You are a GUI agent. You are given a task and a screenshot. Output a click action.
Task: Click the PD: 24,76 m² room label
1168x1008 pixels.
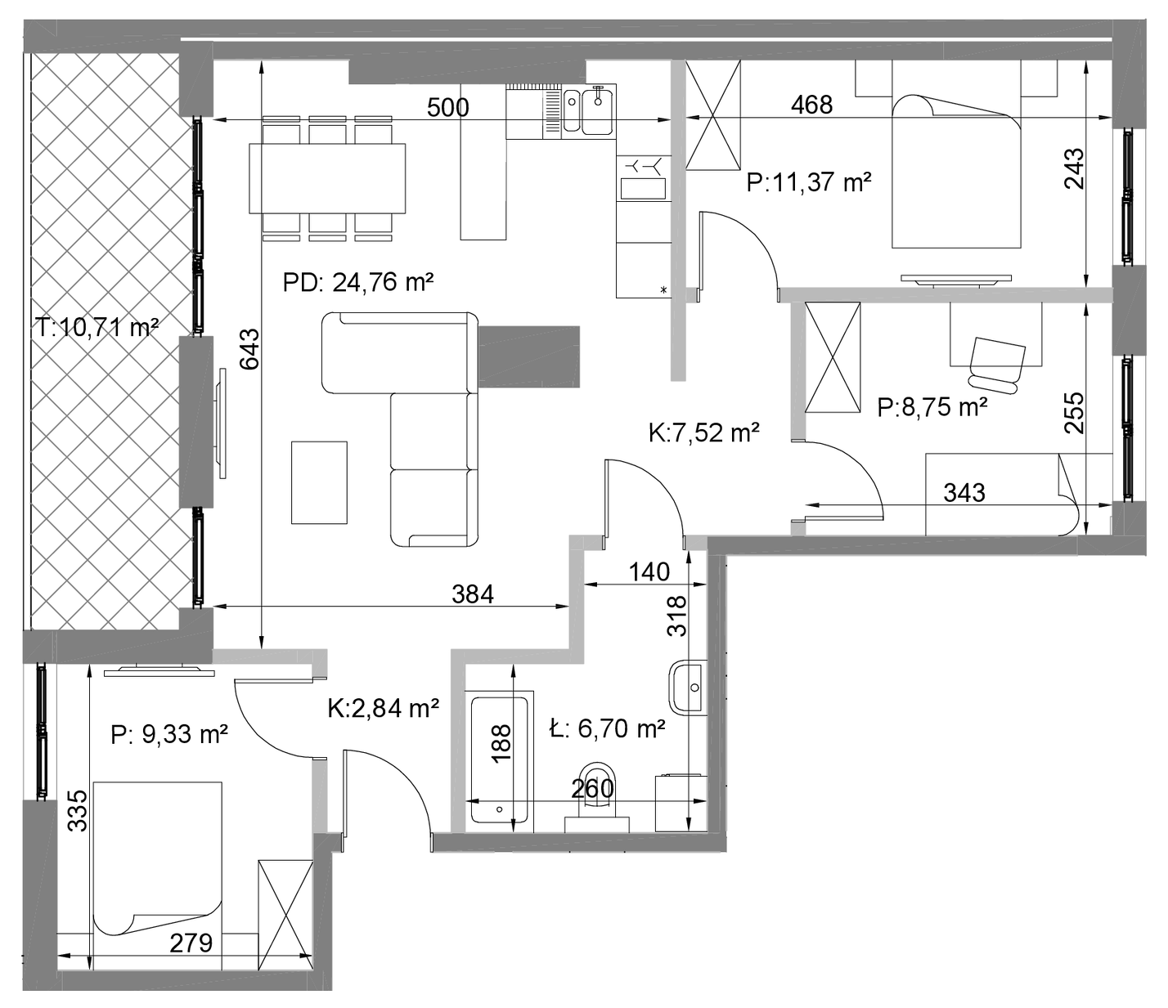[357, 282]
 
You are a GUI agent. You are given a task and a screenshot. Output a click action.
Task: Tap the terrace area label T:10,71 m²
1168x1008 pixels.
[97, 327]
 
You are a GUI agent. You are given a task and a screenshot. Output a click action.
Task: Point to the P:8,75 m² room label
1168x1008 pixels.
[932, 407]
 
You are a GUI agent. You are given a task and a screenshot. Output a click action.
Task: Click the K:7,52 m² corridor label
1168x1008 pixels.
[703, 433]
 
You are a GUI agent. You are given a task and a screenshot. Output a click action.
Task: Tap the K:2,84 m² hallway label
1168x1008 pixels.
[383, 708]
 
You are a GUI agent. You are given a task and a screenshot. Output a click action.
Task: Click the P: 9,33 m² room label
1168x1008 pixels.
[169, 735]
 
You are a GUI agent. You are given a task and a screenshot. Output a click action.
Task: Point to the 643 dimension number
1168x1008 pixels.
[249, 349]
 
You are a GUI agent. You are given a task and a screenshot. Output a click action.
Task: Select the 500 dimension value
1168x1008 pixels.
[447, 107]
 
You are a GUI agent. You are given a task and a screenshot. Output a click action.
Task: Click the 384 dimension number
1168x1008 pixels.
[473, 594]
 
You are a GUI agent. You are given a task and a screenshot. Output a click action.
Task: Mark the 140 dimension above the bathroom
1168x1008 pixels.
[649, 572]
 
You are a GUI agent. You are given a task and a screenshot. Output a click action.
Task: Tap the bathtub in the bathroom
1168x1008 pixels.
[499, 761]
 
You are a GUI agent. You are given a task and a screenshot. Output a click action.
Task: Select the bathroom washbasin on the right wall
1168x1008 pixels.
[687, 688]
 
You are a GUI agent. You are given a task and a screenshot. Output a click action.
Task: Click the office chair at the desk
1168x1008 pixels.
[997, 365]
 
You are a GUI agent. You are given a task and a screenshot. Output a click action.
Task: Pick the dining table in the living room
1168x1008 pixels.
[327, 178]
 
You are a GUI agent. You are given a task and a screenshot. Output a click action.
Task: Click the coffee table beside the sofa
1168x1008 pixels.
[319, 483]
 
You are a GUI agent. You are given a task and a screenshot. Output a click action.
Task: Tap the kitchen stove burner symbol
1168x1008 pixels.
[643, 166]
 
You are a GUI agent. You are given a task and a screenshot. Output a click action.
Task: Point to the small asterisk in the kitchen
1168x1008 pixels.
[664, 290]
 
